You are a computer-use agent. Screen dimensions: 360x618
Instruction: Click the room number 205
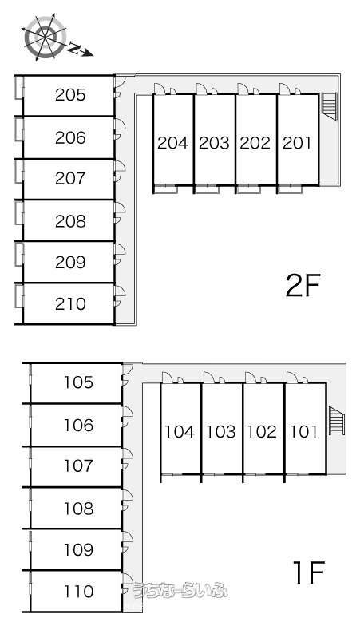click(70, 95)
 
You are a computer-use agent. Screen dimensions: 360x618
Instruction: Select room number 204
click(172, 143)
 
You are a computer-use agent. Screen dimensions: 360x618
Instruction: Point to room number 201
click(297, 143)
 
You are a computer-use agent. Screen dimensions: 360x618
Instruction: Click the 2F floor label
click(303, 286)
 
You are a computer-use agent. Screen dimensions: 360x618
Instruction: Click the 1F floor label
click(308, 573)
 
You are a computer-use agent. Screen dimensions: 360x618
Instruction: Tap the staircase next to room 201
click(330, 106)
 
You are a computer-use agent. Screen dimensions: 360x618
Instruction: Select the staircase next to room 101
click(337, 420)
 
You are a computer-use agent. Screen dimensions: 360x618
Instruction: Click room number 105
click(79, 382)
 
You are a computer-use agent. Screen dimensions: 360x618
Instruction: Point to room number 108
click(79, 509)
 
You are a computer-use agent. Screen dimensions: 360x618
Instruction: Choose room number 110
click(79, 591)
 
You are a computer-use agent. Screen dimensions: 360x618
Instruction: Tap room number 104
click(180, 432)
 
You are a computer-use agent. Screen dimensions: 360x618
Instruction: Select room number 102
click(262, 432)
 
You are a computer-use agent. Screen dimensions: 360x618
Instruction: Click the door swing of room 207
click(120, 166)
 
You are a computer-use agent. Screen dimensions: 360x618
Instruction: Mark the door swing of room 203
click(201, 89)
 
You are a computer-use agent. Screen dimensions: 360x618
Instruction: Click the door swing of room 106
click(128, 411)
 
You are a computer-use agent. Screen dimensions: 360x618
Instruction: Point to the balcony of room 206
click(19, 129)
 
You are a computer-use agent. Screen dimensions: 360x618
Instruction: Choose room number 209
click(70, 262)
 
